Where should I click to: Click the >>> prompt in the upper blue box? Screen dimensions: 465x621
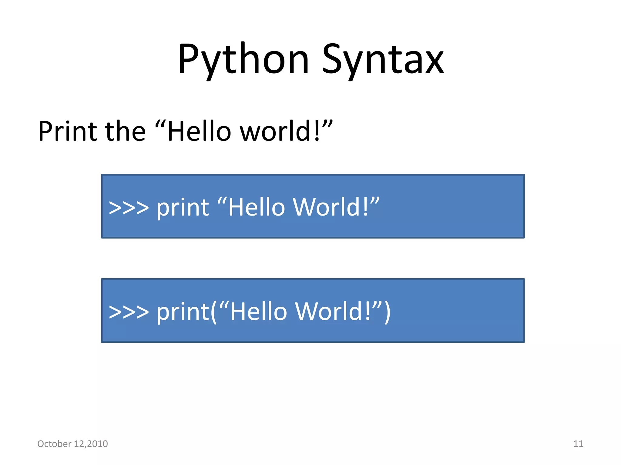129,208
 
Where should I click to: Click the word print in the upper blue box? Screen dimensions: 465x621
183,208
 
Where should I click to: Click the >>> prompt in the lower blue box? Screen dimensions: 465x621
129,312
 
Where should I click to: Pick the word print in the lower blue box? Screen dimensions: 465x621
183,312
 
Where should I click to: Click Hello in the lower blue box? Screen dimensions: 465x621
258,312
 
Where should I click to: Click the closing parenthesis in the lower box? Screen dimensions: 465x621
387,312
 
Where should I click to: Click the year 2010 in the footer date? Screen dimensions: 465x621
97,444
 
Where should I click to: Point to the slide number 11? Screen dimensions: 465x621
578,444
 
